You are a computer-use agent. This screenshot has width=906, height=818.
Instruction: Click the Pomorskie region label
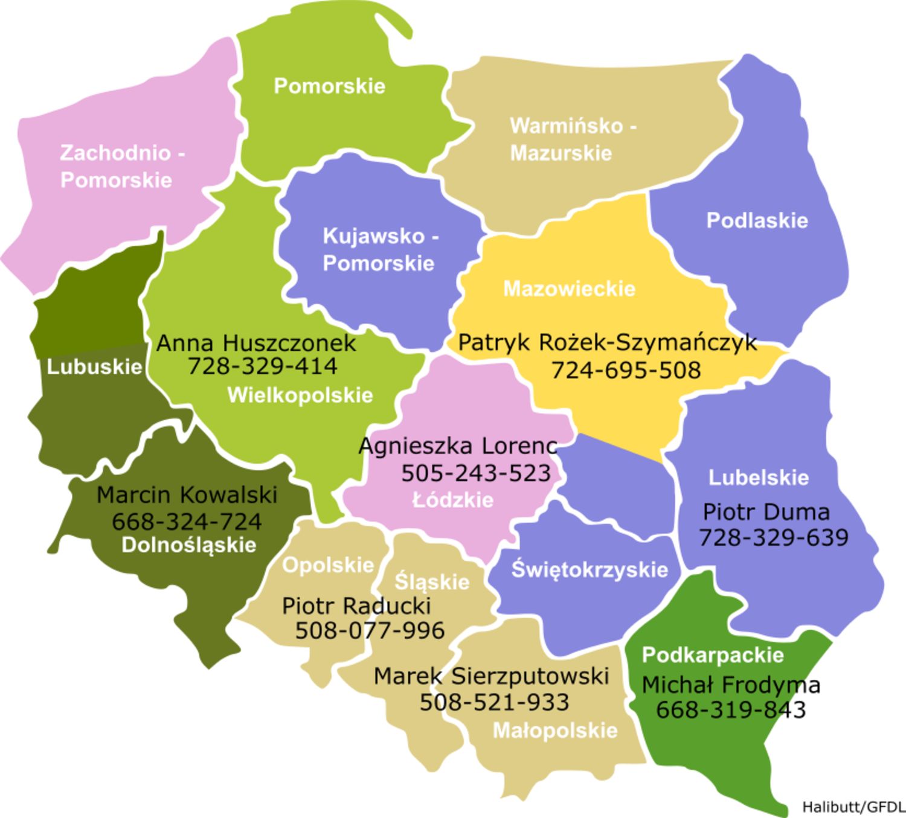click(329, 86)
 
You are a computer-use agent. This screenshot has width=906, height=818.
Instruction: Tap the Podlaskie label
click(757, 220)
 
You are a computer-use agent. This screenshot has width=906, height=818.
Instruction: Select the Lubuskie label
click(94, 366)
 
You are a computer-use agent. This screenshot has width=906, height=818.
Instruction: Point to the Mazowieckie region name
click(569, 289)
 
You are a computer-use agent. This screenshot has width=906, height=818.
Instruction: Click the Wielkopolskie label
click(300, 395)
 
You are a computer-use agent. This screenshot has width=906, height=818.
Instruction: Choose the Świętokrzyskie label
click(590, 570)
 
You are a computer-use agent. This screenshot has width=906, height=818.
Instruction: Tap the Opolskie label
click(328, 565)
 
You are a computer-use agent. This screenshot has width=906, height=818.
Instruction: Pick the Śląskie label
click(432, 582)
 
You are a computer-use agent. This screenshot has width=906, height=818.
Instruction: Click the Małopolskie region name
click(555, 730)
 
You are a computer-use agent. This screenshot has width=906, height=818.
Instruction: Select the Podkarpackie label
click(713, 655)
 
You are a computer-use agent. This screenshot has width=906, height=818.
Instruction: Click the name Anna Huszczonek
click(256, 343)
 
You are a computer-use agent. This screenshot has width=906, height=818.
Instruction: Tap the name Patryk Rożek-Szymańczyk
click(607, 342)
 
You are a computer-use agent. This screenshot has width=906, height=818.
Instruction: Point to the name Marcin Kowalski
click(187, 495)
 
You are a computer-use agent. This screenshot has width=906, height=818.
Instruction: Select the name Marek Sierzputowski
click(491, 676)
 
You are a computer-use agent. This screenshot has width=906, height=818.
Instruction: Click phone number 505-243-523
click(476, 473)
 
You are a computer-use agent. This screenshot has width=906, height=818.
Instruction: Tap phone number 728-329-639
click(773, 537)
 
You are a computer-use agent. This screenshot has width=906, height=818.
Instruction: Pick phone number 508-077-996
click(370, 630)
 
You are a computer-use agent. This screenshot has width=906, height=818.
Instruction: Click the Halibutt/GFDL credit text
click(853, 807)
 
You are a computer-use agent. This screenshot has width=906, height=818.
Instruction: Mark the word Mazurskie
click(561, 153)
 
